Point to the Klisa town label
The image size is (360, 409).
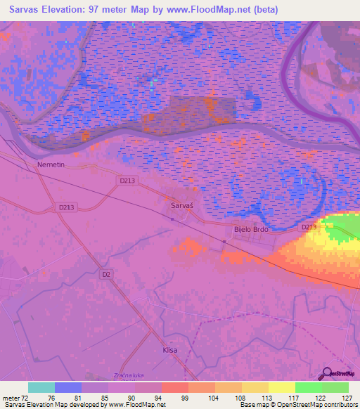coord(169,349)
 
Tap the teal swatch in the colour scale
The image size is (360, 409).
coord(41,387)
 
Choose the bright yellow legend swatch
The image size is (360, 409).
coord(281,387)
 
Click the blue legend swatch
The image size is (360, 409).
coord(68,387)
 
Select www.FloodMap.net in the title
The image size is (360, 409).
coord(214,10)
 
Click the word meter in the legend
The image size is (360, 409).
coord(13,397)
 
